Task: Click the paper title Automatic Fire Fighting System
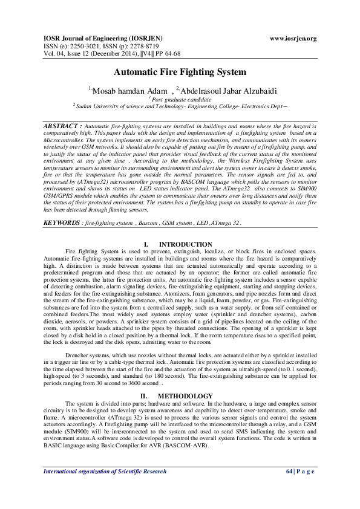pos(180,72)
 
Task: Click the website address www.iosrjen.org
pos(293,39)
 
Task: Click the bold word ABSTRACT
pos(61,123)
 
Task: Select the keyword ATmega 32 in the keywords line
pos(224,223)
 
